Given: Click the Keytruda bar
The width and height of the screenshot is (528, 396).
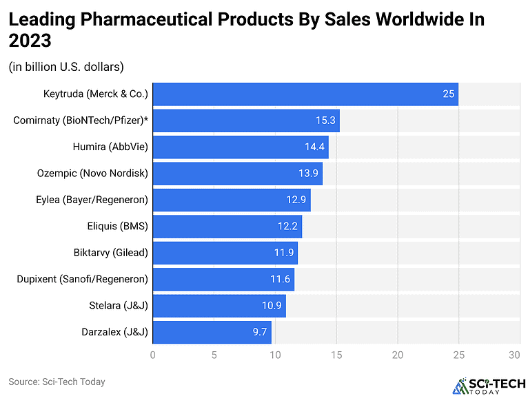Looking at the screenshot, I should (305, 94).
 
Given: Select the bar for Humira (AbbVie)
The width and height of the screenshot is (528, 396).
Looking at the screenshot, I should (240, 147).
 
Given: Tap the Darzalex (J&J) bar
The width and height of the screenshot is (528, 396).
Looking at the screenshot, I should (212, 333).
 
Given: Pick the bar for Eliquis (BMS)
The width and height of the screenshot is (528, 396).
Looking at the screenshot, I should (227, 226).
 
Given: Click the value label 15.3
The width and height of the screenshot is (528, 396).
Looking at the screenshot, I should (325, 121).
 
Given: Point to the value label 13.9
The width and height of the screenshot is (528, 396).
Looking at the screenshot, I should (308, 174).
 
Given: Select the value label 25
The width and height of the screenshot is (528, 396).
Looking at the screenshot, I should (448, 94).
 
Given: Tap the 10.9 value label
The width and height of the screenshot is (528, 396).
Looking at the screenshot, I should (272, 306).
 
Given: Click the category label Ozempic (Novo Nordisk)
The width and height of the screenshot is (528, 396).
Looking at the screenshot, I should (92, 174).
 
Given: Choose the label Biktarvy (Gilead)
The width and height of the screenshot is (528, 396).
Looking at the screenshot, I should (111, 253).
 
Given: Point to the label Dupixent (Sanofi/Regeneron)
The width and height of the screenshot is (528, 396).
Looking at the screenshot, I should (82, 280).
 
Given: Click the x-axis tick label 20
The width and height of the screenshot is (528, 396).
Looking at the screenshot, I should (398, 355).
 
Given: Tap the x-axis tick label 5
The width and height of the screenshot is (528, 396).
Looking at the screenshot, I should (214, 355).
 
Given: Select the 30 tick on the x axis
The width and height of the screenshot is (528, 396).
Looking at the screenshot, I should (514, 355).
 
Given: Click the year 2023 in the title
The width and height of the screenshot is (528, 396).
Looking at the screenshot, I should (30, 41).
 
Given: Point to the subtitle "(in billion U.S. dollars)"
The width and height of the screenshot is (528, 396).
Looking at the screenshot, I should (66, 67).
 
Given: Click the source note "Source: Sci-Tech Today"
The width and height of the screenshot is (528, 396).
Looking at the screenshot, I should (57, 382).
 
